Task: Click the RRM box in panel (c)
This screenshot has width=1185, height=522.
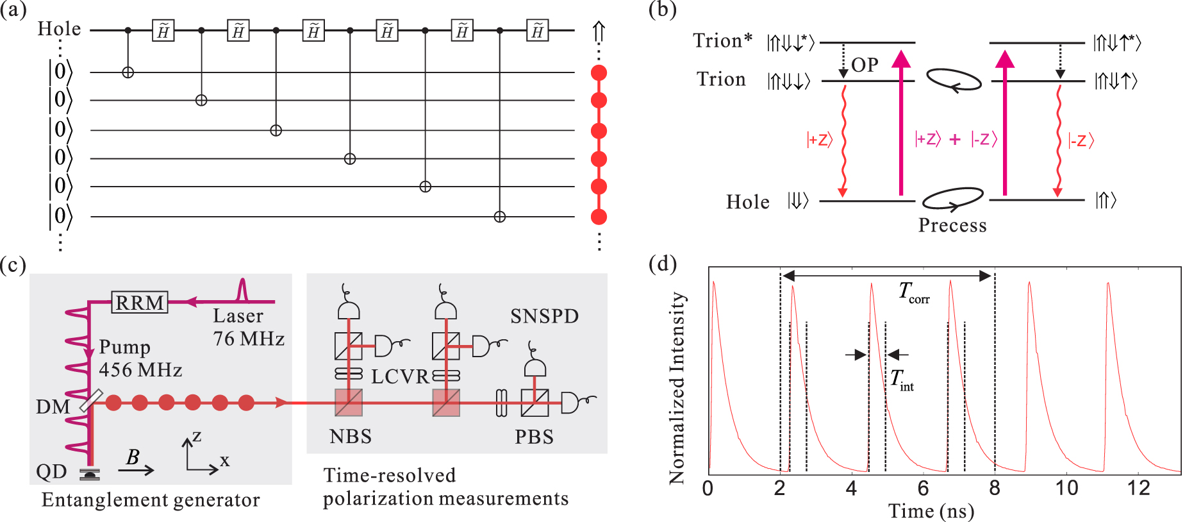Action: coord(140,302)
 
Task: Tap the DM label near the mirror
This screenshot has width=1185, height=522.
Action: coord(53,407)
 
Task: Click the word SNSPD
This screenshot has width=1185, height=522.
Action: coord(544,316)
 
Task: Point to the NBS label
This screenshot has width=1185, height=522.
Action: coord(350,437)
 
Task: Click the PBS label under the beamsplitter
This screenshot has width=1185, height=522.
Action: coord(534,437)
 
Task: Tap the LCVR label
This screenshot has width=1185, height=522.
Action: coord(399,376)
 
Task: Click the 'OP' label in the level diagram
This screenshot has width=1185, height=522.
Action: coord(865,65)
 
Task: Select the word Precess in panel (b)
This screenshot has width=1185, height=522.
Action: coord(952,225)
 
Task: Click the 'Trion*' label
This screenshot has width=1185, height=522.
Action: coord(722,41)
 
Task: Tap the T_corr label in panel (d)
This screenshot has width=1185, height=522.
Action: coord(913,292)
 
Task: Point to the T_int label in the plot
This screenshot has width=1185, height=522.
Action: coord(902,380)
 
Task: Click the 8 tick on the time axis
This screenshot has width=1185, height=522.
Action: coord(994,489)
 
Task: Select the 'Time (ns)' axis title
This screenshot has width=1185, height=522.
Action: coord(931,511)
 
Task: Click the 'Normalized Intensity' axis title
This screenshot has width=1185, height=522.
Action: coord(677,388)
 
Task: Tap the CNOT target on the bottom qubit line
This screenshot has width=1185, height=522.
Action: coord(500,217)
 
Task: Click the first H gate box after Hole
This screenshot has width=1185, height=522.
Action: coord(163,31)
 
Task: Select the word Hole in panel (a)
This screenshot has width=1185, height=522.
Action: coord(59,29)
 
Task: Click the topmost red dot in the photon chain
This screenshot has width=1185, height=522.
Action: coord(599,72)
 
